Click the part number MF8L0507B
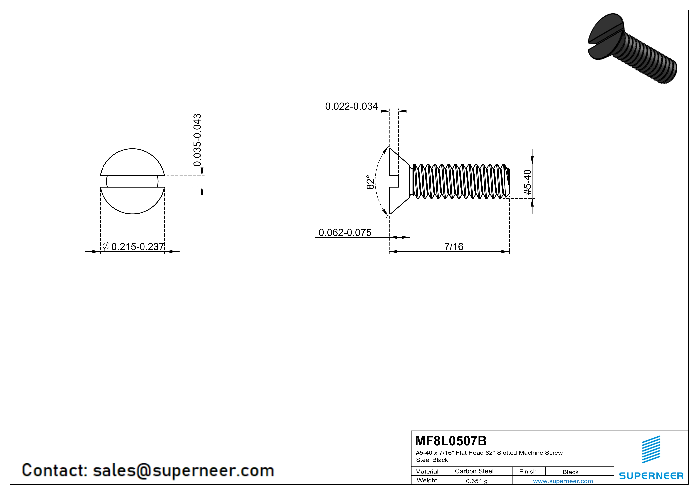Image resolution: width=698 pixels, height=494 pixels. point(451,440)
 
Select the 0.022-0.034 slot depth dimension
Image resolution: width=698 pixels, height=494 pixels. point(351,106)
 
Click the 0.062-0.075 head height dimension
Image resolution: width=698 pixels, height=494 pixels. point(345,232)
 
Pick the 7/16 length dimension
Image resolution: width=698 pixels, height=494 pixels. point(454,246)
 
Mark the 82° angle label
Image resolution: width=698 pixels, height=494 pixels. point(370,182)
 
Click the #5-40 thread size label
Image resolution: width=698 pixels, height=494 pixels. point(528,182)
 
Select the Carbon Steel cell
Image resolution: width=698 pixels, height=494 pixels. point(474,471)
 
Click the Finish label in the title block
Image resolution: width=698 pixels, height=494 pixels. point(528,471)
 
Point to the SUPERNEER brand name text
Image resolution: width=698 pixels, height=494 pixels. point(651,476)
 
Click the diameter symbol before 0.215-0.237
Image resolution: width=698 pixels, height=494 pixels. point(106,246)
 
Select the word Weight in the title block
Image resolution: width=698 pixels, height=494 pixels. point(427,480)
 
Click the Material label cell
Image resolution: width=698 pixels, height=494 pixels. point(427,471)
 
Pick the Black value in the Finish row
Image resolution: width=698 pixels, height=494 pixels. point(570,472)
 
